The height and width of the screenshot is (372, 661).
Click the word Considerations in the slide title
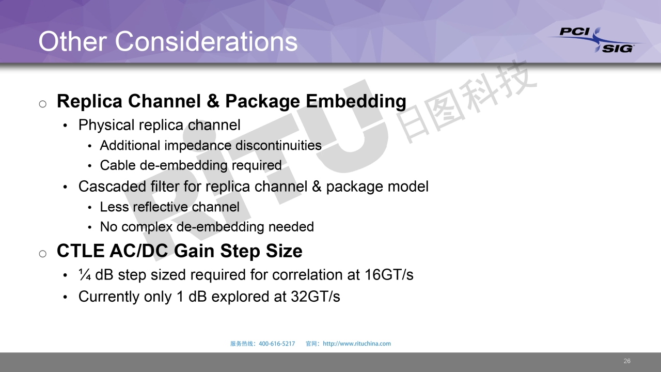pos(206,41)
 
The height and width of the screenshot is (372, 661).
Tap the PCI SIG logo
pos(596,40)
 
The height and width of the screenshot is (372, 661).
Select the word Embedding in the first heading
pos(356,101)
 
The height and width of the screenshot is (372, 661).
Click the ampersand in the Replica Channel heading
pos(213,101)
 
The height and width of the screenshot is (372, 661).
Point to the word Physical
pos(106,125)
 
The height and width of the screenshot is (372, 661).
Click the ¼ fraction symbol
pos(84,274)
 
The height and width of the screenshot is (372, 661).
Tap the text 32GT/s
pos(316,297)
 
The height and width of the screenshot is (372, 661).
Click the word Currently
pos(109,297)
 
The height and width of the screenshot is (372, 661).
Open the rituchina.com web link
pos(357,344)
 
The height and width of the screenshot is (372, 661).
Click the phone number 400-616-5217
pos(277,344)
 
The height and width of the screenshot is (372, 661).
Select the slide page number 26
pos(627,361)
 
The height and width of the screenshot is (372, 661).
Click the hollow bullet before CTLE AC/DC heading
pos(43,254)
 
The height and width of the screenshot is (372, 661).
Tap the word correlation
pos(307,275)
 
